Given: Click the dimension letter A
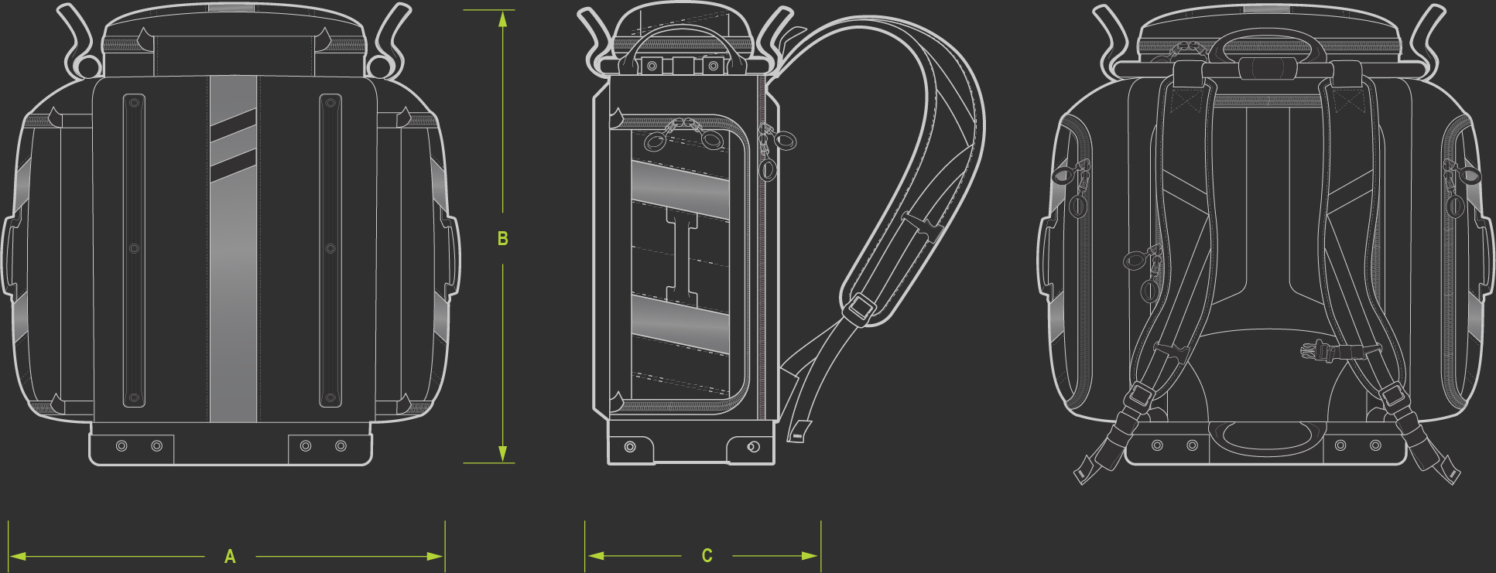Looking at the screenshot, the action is tap(230, 556).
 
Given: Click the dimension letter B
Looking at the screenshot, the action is tap(503, 239).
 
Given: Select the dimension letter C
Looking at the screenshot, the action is tap(707, 556).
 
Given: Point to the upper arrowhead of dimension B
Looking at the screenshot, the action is tap(503, 19).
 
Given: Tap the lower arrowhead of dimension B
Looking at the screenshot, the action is tap(503, 454).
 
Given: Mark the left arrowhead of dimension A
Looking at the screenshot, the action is tap(18, 556).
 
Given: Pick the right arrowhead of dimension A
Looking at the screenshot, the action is tap(436, 556).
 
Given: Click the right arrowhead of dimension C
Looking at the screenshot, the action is tap(810, 555).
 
